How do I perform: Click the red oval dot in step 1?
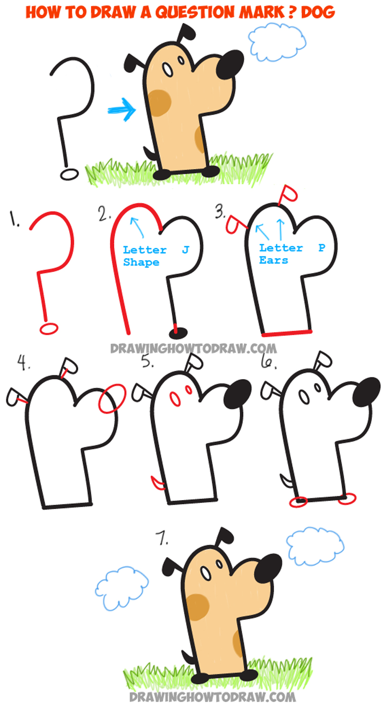49,328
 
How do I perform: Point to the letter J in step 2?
185,250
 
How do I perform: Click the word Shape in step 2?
141,263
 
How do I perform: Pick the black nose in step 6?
367,391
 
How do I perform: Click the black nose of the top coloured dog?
230,64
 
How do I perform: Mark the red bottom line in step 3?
287,332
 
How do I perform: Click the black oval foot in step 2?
178,331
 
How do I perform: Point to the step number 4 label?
22,363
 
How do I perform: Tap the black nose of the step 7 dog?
267,568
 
